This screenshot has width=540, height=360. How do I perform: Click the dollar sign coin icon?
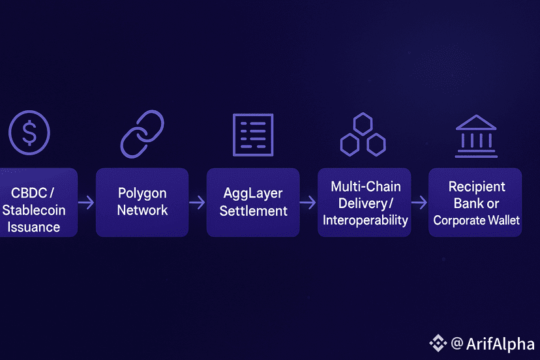[x=29, y=132]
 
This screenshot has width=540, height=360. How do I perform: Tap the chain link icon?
[x=142, y=132]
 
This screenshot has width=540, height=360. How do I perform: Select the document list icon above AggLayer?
[x=253, y=134]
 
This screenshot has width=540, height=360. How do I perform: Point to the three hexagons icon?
[x=363, y=135]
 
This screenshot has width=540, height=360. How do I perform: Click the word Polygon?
[x=142, y=194]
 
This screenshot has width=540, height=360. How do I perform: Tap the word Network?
[x=142, y=210]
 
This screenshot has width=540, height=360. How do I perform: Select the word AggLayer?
[x=253, y=194]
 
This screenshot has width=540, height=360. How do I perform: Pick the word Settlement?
[x=253, y=211]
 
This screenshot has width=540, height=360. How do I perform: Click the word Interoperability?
[x=365, y=220]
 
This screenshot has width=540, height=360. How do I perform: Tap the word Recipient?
[x=475, y=187]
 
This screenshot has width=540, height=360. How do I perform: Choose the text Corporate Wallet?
[x=476, y=220]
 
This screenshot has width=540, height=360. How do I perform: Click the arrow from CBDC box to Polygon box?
[x=87, y=203]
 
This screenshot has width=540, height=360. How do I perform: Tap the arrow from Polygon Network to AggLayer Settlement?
[x=198, y=203]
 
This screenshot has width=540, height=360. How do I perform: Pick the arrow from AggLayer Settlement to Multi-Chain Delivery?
[x=308, y=203]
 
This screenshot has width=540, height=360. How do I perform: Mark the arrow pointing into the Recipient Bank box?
[x=419, y=203]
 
